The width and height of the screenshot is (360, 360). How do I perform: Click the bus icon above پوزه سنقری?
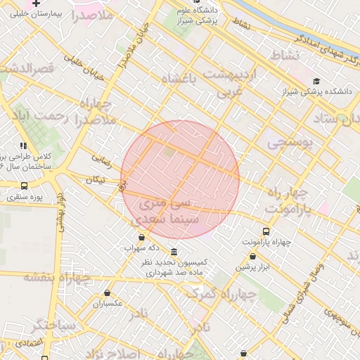pos(25,186)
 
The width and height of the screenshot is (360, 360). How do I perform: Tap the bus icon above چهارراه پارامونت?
pos(266,231)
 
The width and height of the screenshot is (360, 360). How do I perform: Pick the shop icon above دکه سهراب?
pos(142,238)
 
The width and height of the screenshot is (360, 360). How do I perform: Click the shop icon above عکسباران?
pos(107,292)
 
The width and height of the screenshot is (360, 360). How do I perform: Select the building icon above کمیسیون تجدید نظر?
pos(174,252)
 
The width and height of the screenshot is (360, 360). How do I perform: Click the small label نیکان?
pos(95,180)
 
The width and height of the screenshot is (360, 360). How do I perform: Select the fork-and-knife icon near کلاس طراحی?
pos(24,145)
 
